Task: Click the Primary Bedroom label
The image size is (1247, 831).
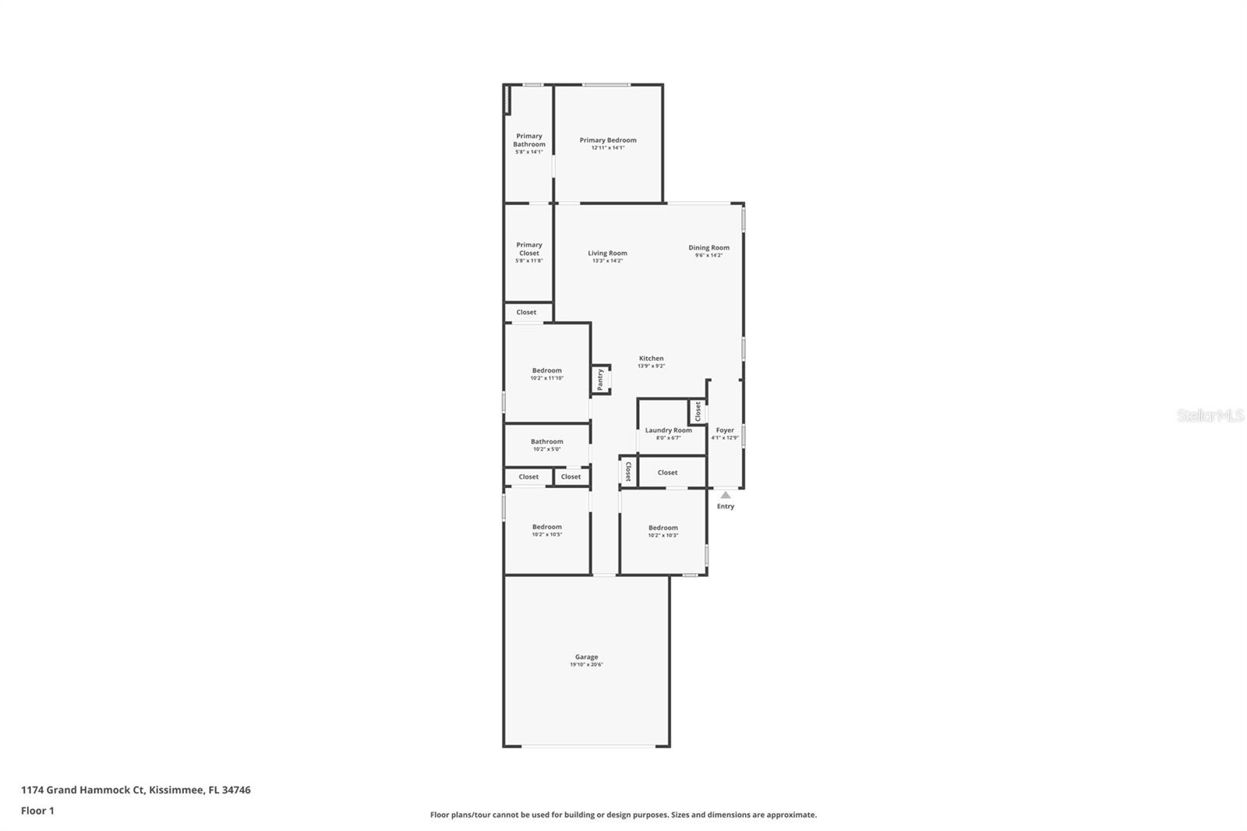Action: pos(608,140)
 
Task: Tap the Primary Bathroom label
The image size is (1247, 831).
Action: pos(528,140)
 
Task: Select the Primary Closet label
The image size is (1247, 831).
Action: pos(528,249)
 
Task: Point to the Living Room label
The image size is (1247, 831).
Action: pos(607,253)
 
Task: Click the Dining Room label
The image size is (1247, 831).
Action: pos(708,248)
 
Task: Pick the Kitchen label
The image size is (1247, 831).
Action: pos(651,359)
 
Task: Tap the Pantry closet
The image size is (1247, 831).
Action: pos(600,380)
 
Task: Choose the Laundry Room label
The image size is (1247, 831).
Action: pos(668,430)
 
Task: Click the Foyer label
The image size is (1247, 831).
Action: pos(725,430)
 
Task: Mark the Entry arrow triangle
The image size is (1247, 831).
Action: pos(726,495)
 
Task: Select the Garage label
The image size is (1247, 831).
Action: pos(586,657)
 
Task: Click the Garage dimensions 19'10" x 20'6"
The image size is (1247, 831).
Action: pos(586,665)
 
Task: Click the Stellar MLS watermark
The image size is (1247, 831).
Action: pos(1210,415)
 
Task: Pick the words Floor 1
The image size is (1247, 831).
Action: pos(37,811)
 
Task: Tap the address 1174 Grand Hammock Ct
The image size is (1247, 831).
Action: pos(83,790)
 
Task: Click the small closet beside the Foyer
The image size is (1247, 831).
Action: pos(698,411)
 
